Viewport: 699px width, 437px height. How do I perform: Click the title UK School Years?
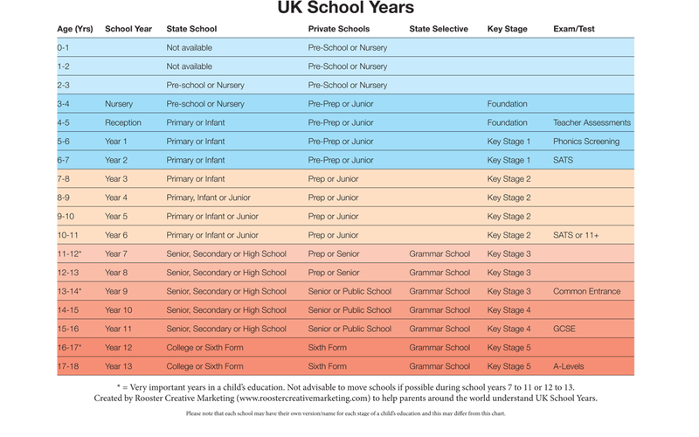[x=349, y=10]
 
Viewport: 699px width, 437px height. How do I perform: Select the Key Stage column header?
[x=507, y=29]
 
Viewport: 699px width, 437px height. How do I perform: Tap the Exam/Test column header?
[x=574, y=29]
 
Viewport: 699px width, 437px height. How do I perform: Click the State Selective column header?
[x=438, y=29]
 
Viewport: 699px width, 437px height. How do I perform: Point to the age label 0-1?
[x=64, y=47]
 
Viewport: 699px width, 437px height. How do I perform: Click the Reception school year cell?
[x=123, y=122]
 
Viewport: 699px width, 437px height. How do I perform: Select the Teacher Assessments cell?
[x=592, y=122]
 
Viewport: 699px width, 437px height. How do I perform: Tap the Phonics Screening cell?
[x=586, y=142]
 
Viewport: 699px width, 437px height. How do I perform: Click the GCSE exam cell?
[x=564, y=329]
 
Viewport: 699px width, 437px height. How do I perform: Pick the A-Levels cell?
[x=571, y=366]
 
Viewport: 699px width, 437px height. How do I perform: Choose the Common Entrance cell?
[x=587, y=291]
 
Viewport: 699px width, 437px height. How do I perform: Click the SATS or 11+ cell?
[x=578, y=235]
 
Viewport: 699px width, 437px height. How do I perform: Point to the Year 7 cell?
[x=116, y=253]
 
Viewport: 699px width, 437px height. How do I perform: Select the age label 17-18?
[x=67, y=366]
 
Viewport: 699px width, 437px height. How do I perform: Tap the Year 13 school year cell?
[x=118, y=366]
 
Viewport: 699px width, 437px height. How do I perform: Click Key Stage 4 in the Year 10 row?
[x=509, y=310]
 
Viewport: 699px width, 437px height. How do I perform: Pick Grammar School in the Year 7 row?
[x=439, y=253]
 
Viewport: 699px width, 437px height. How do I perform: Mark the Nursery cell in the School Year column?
[x=119, y=104]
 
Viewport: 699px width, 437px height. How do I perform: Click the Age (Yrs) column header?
[x=75, y=29]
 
